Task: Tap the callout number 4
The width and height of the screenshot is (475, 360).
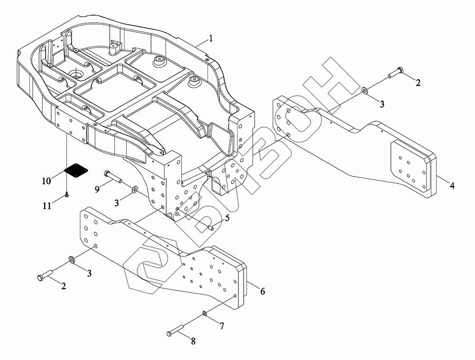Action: [452, 186]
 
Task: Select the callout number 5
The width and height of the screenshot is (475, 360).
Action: [227, 218]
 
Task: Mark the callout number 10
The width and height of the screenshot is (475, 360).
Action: [46, 181]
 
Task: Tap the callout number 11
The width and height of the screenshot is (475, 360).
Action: [46, 206]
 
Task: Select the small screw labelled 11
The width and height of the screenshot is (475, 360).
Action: [66, 195]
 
